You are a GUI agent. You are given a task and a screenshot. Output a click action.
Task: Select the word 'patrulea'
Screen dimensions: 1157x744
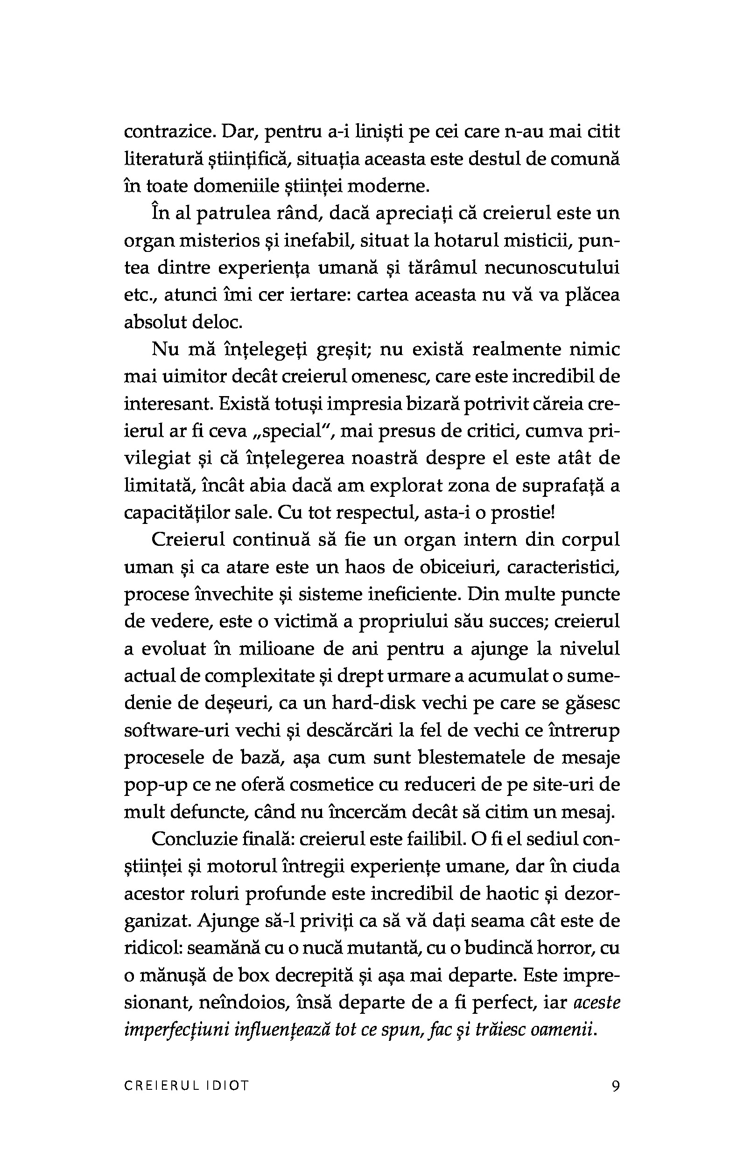pyautogui.click(x=231, y=213)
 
